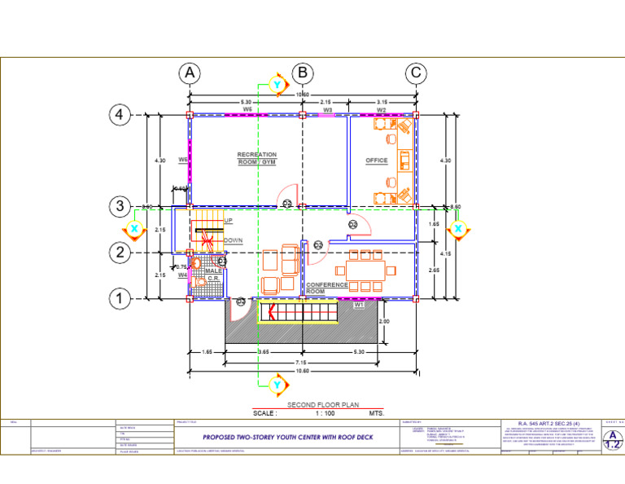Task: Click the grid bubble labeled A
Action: (x=190, y=73)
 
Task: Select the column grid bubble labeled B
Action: (x=303, y=73)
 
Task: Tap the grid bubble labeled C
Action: (x=416, y=73)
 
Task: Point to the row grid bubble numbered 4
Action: (x=120, y=116)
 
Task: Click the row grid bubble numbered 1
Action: (x=120, y=300)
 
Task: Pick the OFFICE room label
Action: (x=377, y=161)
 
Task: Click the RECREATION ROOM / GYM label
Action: (x=257, y=159)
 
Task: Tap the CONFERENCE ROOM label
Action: (x=327, y=288)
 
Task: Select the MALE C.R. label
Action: (x=214, y=275)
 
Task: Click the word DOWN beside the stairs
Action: (x=234, y=241)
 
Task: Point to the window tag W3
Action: (x=327, y=109)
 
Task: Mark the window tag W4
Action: (x=183, y=275)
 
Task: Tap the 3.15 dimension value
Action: (x=382, y=103)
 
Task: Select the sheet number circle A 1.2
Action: (x=611, y=441)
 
